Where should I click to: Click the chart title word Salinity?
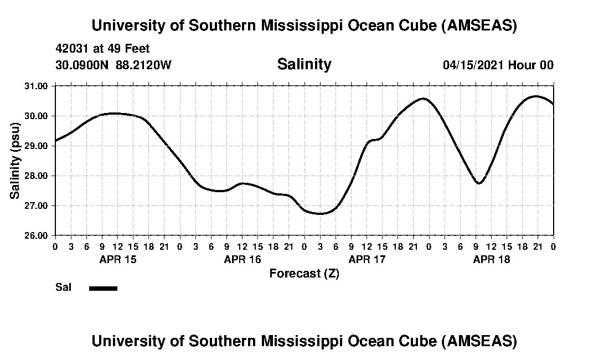point(304,64)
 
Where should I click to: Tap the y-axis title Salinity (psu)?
point(15,161)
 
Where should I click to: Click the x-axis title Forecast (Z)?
point(304,273)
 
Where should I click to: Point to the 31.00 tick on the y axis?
point(37,86)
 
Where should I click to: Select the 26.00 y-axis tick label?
point(37,235)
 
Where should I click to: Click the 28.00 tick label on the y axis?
point(37,176)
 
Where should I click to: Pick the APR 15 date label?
point(118,259)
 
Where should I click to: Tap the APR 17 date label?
point(367,259)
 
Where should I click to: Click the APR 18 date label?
point(492,259)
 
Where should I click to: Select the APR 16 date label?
point(242,259)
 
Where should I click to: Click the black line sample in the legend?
point(103,288)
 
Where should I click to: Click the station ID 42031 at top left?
point(73,49)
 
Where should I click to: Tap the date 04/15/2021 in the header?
point(473,65)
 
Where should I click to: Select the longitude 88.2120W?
point(144,65)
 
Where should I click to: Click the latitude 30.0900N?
point(82,65)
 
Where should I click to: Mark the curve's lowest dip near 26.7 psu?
point(320,213)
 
